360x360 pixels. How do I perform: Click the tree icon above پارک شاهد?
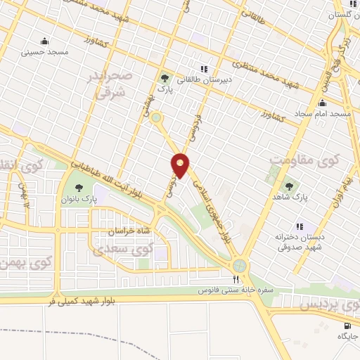(x=289, y=186)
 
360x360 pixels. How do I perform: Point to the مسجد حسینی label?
(x=44, y=51)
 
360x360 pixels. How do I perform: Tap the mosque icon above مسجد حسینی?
(x=45, y=40)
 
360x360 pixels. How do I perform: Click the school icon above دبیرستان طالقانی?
(x=203, y=68)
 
